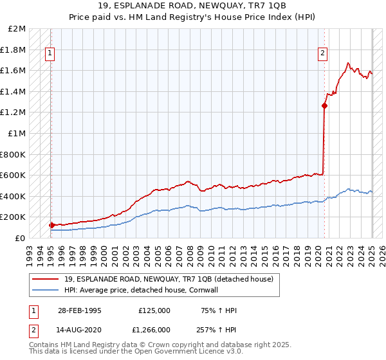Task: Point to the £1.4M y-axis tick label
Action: [x=14, y=91]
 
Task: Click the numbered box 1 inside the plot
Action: [x=50, y=54]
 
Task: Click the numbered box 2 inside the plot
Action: [x=323, y=54]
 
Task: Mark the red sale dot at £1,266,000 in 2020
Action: [x=325, y=106]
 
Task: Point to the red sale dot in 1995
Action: [x=51, y=225]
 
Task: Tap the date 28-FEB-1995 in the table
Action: [x=79, y=310]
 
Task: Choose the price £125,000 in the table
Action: [x=154, y=310]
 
